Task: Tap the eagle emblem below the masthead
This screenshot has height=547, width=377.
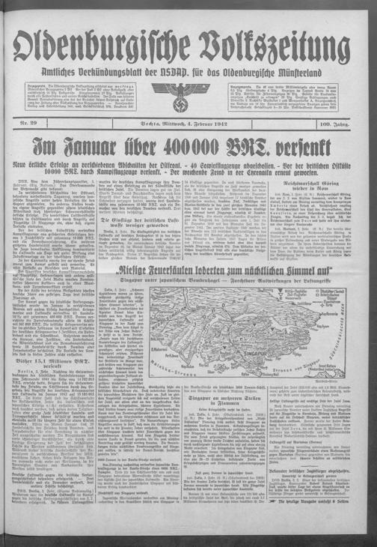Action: click(188, 98)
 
